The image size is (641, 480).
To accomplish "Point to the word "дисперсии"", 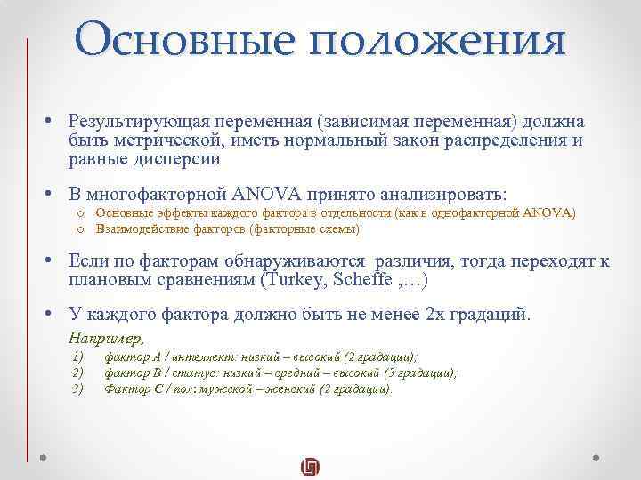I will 175,160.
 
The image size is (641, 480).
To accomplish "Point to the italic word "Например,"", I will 106,338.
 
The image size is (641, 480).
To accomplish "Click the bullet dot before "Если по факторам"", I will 53,261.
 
